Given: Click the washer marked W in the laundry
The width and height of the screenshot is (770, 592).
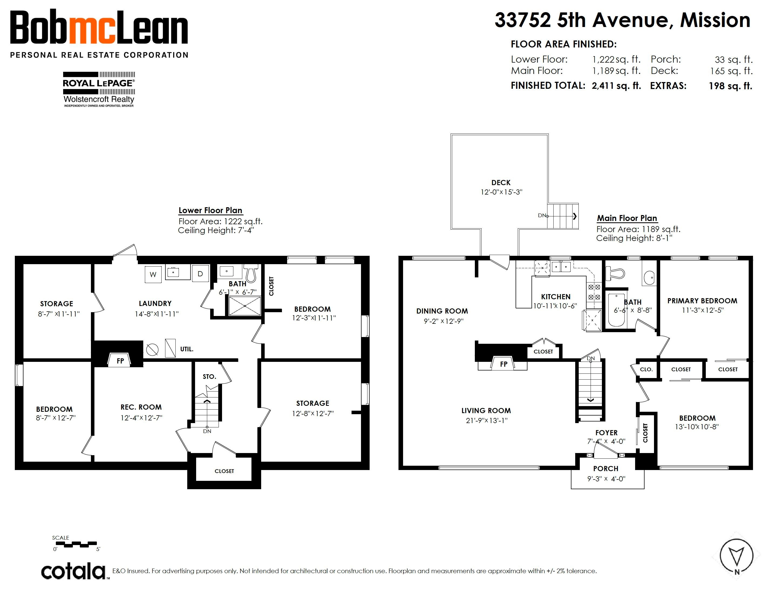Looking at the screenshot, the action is pos(153,274).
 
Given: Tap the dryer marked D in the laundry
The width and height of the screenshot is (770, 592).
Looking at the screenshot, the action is pos(200,273).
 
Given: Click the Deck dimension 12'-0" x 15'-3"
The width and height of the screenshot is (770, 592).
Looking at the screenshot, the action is pos(501,192).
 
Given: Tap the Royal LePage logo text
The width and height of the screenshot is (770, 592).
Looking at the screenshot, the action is pos(98,84).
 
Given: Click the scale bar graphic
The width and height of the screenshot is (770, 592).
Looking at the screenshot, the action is pos(76,545).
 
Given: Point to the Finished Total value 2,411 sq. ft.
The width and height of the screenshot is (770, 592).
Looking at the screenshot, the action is pos(616,86).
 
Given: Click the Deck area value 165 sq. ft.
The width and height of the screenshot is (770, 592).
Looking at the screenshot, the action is pos(731,71).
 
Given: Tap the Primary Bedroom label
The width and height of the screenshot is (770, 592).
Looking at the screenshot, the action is pos(702,301).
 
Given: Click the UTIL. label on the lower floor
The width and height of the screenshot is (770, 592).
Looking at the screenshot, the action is pos(187,349).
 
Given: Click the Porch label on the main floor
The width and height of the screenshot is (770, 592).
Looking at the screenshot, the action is pos(606,469).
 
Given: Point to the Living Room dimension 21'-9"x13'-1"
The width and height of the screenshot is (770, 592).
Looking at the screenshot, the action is pos(486,420).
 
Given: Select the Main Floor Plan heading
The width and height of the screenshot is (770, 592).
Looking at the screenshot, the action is pos(627,218).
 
